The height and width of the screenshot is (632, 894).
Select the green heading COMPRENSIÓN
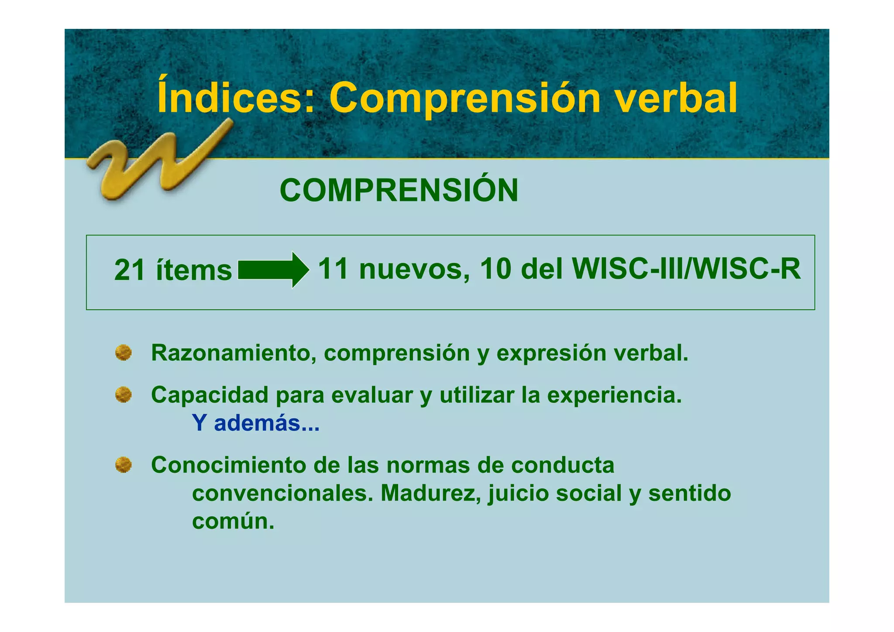tap(399, 190)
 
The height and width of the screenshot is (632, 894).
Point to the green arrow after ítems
tap(273, 270)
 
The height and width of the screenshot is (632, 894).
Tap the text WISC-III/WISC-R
tap(686, 269)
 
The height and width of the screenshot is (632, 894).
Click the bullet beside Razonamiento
tap(124, 353)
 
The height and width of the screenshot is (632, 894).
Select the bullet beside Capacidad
tap(124, 395)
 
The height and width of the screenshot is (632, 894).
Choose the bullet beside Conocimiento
tap(124, 465)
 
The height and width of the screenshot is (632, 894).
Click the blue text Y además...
tap(255, 423)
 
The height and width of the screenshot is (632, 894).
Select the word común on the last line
tap(233, 521)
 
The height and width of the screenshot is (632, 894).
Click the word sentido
tap(689, 493)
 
